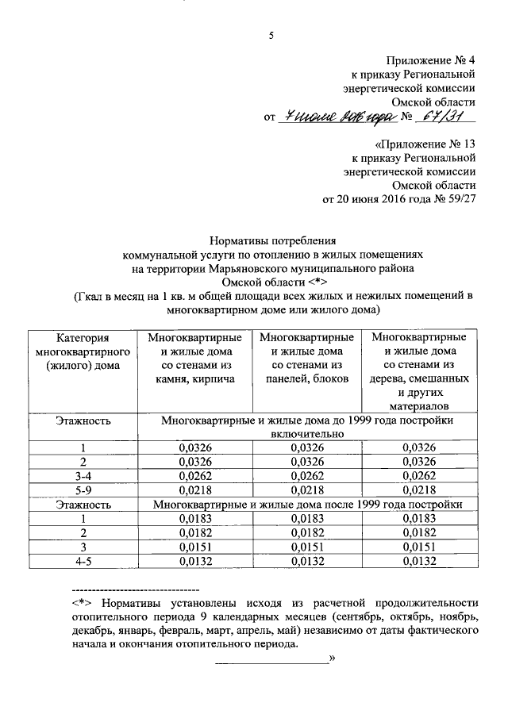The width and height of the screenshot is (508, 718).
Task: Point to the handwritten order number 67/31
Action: pos(445,117)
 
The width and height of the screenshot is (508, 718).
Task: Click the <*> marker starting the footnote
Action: pos(82,603)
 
